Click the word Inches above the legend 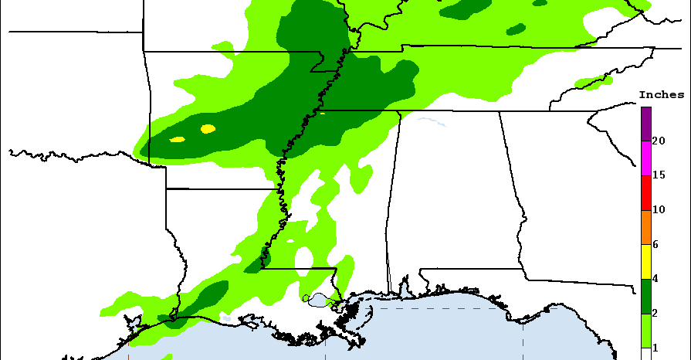coord(661,95)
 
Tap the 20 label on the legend coord(659,141)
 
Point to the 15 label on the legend coord(659,175)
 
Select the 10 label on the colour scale coord(659,210)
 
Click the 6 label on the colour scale coord(655,244)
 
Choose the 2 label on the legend coord(655,314)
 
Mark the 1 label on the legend coord(655,348)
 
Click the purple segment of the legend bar coord(645,124)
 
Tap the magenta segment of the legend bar coord(645,158)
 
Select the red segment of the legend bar coord(645,193)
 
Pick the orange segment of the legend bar coord(645,227)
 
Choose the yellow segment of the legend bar coord(645,262)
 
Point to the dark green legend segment coord(645,297)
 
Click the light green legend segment coord(645,331)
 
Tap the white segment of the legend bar coord(645,354)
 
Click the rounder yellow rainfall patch coord(208,129)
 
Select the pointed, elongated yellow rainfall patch coord(178,140)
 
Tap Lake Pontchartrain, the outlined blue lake coord(318,299)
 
